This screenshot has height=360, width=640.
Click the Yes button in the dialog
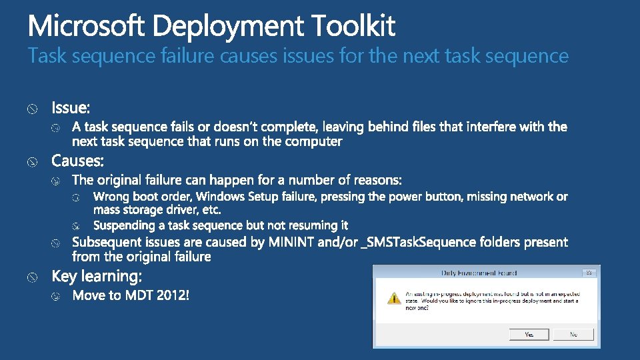[529, 334]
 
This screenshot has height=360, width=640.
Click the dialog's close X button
[589, 273]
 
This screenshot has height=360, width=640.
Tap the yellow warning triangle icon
[395, 298]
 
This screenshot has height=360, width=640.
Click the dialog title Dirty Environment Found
[479, 273]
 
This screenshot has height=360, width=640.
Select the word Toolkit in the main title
[353, 27]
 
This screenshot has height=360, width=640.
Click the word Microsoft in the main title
[87, 27]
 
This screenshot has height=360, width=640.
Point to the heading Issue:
[71, 107]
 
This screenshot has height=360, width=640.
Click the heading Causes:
[77, 161]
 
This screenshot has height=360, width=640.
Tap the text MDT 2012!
[157, 295]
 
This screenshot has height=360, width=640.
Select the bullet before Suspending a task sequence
[77, 226]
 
